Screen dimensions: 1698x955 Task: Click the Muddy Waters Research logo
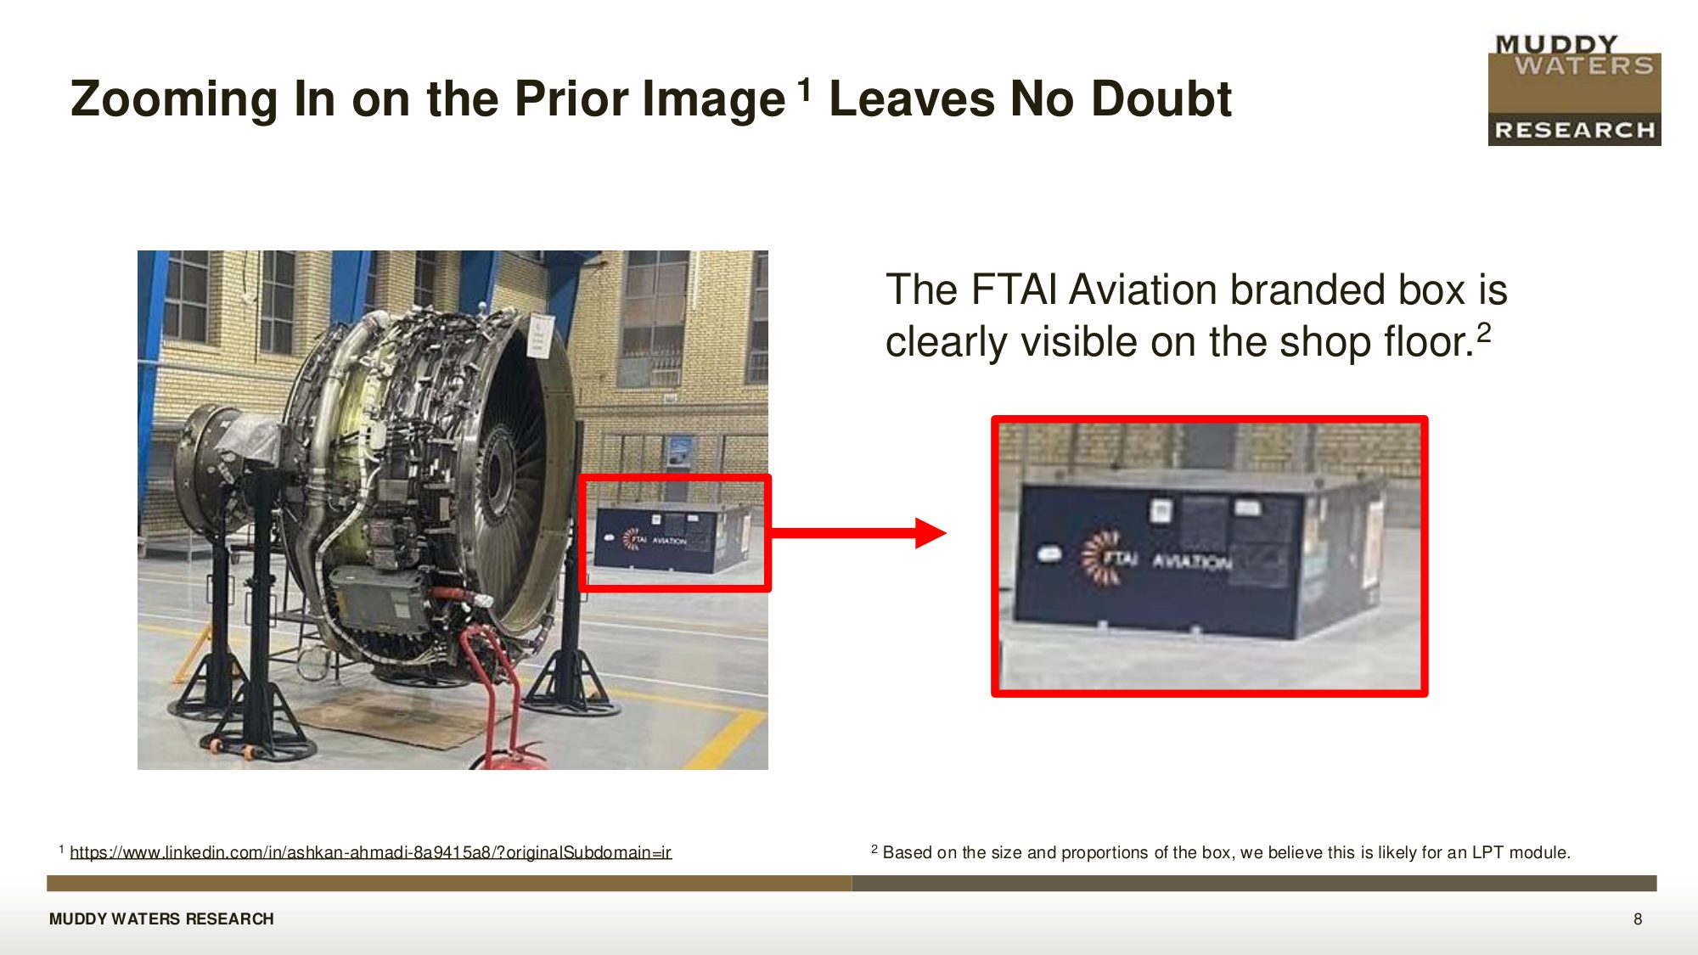(x=1575, y=90)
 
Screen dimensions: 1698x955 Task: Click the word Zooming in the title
(x=174, y=99)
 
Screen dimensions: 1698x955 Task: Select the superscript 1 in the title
(x=804, y=89)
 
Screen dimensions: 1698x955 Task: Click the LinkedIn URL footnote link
(x=370, y=852)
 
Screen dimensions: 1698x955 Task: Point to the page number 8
(x=1638, y=918)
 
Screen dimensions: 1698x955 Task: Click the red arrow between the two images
(x=858, y=533)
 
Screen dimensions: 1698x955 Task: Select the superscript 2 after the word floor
(x=1483, y=331)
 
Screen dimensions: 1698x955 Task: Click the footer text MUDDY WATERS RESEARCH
(x=161, y=918)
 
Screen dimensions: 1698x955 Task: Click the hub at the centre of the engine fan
(x=495, y=469)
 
